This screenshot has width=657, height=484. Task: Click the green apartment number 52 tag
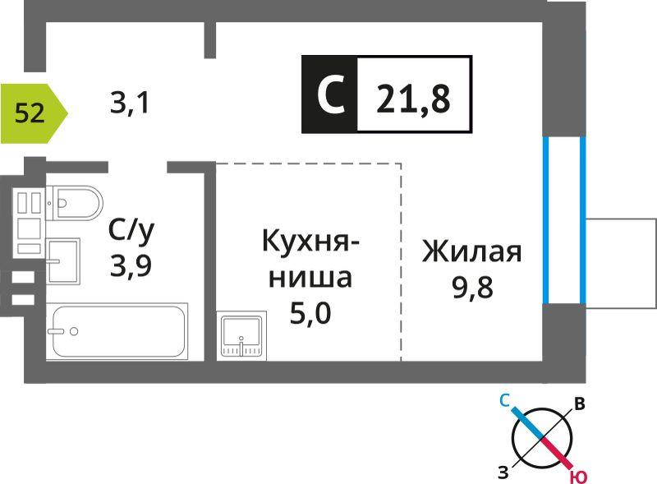(x=34, y=113)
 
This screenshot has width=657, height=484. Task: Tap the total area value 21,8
(x=413, y=99)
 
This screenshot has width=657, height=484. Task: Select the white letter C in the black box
(x=331, y=94)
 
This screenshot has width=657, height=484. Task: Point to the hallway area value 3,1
(x=130, y=103)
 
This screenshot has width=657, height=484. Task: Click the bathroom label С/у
(x=131, y=230)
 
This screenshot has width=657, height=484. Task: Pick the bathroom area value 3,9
(x=131, y=265)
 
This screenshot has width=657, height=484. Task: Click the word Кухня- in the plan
(x=310, y=241)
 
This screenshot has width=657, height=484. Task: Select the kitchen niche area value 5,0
(x=310, y=312)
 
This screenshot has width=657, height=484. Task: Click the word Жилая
(x=472, y=251)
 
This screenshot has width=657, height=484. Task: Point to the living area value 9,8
(x=473, y=287)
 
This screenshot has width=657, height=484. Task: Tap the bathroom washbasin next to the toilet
(x=63, y=260)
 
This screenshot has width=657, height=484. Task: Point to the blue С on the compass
(x=504, y=401)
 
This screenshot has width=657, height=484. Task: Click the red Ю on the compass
(x=578, y=477)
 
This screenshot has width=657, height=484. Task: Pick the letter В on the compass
(x=580, y=404)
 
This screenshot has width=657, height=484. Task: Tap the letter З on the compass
(x=503, y=472)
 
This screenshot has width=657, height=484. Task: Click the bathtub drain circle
(x=74, y=331)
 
